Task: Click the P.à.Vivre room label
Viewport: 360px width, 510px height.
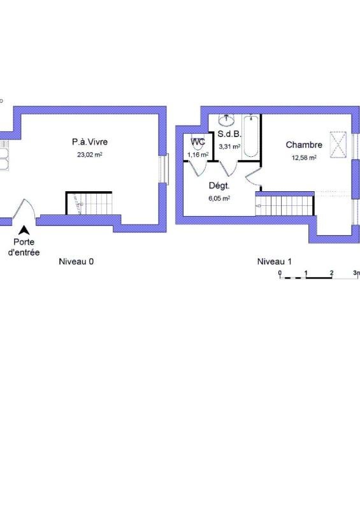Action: coord(90,142)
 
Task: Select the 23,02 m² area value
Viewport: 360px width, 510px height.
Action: coord(90,155)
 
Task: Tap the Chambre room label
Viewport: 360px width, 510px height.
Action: coord(304,145)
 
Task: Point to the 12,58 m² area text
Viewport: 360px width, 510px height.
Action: coord(304,157)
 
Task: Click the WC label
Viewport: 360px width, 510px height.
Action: coord(198,142)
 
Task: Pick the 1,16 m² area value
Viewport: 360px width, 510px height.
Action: coord(198,155)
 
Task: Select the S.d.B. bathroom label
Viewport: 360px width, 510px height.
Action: coord(229,134)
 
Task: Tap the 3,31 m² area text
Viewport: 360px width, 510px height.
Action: coord(229,147)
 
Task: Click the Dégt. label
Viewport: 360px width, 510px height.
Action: coord(219,186)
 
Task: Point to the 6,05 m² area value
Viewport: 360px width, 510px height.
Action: coord(219,198)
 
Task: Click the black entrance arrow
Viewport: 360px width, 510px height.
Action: coord(24,230)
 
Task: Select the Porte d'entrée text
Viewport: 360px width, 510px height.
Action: coord(24,247)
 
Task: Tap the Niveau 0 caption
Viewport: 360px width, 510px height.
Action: coord(76,261)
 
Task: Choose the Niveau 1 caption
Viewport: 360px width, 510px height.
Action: coord(274,261)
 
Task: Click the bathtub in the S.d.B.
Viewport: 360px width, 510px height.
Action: coord(251,136)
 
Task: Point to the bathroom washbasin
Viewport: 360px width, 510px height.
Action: coord(226,120)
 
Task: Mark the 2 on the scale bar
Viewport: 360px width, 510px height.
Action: coord(331,273)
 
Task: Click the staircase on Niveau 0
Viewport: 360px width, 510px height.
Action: coord(89,203)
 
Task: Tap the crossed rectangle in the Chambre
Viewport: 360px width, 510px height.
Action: coord(338,145)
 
